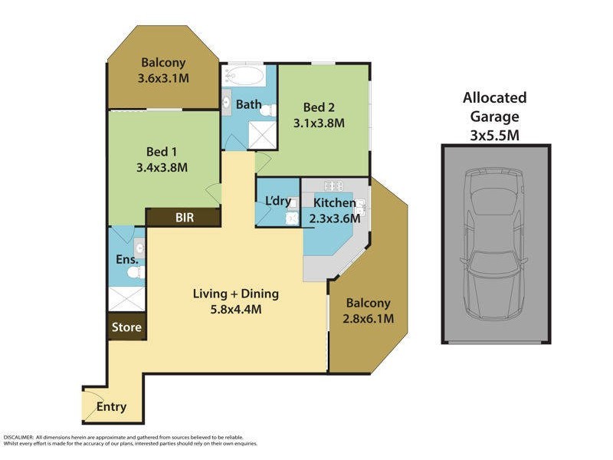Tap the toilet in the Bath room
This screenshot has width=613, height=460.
pyautogui.click(x=267, y=111)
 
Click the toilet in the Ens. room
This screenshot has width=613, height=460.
pyautogui.click(x=132, y=272)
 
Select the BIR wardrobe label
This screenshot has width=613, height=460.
pyautogui.click(x=185, y=218)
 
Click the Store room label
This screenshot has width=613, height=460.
pyautogui.click(x=126, y=327)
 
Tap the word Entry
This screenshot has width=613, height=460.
pyautogui.click(x=111, y=407)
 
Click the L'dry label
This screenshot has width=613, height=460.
pyautogui.click(x=277, y=201)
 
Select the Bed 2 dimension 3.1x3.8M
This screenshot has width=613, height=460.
pyautogui.click(x=319, y=122)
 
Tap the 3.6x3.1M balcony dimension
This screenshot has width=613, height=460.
pyautogui.click(x=163, y=78)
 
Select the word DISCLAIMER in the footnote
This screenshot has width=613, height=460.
pyautogui.click(x=18, y=436)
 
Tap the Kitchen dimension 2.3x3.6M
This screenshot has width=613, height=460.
pyautogui.click(x=333, y=219)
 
